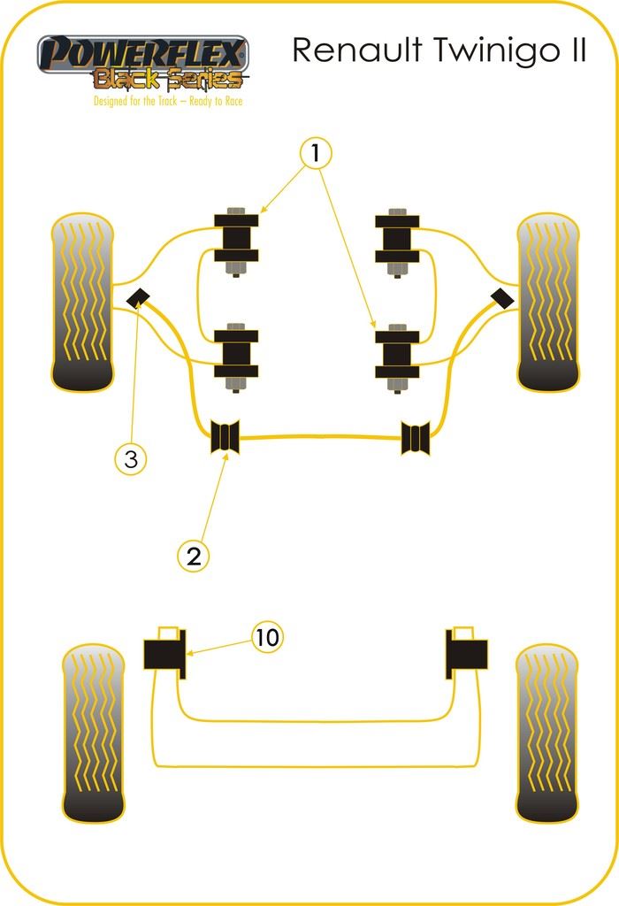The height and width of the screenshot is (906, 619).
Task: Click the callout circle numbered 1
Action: pyautogui.click(x=316, y=153)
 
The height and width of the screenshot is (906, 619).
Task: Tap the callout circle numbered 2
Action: pyautogui.click(x=194, y=556)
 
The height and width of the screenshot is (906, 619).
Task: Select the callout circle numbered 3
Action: pyautogui.click(x=131, y=459)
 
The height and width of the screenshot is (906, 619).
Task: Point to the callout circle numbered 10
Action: pyautogui.click(x=268, y=636)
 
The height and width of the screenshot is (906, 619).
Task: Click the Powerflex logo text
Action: pyautogui.click(x=141, y=54)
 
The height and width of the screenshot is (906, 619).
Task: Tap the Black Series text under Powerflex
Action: pyautogui.click(x=167, y=81)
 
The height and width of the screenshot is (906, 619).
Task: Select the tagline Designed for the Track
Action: pyautogui.click(x=168, y=101)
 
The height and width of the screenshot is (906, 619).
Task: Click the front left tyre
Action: pyautogui.click(x=83, y=302)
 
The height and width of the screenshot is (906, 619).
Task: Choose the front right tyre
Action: pyautogui.click(x=549, y=302)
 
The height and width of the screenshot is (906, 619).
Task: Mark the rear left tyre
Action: pyautogui.click(x=94, y=733)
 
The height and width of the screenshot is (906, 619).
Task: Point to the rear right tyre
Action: pyautogui.click(x=546, y=733)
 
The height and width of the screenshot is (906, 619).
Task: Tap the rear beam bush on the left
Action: pyautogui.click(x=164, y=654)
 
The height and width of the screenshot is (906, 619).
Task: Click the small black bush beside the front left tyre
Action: pyautogui.click(x=138, y=298)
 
